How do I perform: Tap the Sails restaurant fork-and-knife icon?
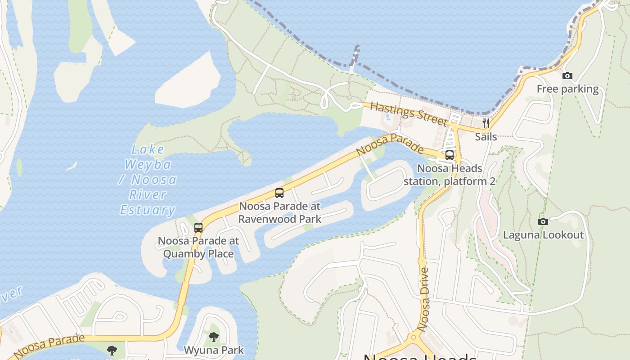(486, 123)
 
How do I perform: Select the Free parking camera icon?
(567, 76)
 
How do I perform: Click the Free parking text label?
(567, 89)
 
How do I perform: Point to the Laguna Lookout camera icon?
(543, 221)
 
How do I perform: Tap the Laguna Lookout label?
(543, 234)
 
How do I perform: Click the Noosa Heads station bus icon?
(449, 155)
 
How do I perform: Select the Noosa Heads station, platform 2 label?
(449, 175)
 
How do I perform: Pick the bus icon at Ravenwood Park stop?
(279, 193)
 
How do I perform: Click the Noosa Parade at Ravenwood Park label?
(279, 212)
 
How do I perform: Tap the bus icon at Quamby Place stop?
(198, 228)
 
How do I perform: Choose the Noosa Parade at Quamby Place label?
(198, 247)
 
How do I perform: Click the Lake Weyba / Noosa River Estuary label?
(148, 180)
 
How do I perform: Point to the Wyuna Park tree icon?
(214, 337)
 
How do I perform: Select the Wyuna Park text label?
(214, 350)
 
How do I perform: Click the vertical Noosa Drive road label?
(423, 299)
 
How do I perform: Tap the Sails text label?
(486, 136)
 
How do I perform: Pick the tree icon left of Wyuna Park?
(112, 350)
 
